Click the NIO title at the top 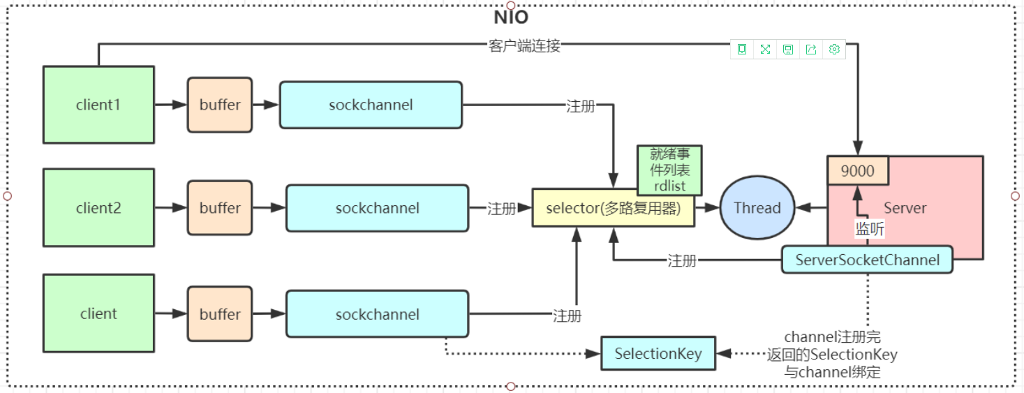point(511,17)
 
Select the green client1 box point(98,105)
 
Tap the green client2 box point(98,208)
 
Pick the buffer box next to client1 point(220,105)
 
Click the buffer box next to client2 point(220,208)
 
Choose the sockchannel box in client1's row point(371,105)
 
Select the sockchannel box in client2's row point(377,208)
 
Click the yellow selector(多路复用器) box point(613,208)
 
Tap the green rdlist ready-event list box point(669,170)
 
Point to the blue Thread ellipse point(757,208)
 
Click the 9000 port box point(857,171)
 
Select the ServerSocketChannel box point(867,260)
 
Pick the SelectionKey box point(658,354)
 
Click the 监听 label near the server point(870,229)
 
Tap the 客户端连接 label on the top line point(524,47)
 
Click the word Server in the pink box point(905,208)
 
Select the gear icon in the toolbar point(833,49)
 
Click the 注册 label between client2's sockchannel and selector point(501,208)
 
